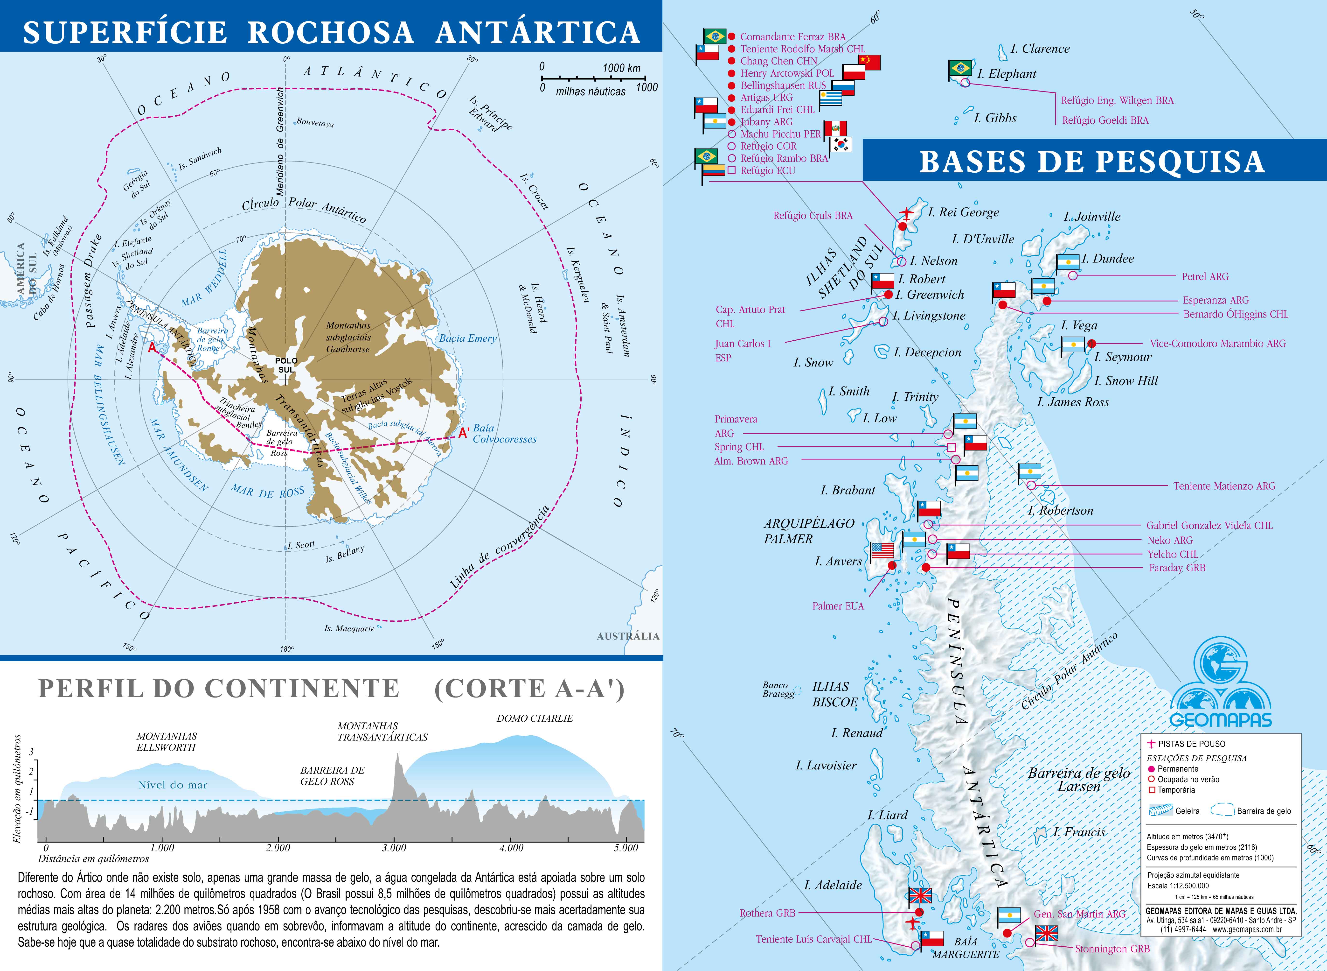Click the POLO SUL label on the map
click(x=286, y=365)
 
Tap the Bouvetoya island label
click(x=315, y=123)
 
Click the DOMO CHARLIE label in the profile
click(x=535, y=718)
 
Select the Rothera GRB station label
click(x=767, y=913)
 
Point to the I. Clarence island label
click(x=1040, y=49)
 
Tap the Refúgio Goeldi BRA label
click(x=1105, y=120)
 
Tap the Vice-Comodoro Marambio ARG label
click(x=1218, y=343)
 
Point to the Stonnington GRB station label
click(x=1112, y=949)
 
